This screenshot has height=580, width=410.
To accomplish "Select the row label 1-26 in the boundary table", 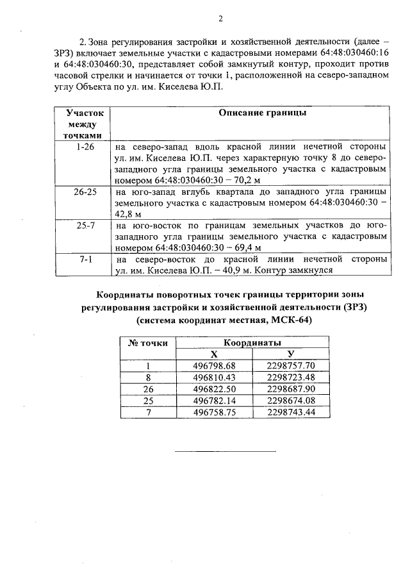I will tap(85, 147).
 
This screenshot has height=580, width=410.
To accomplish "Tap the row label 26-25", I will tap(85, 192).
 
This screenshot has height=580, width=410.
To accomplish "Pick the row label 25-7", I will tap(85, 226).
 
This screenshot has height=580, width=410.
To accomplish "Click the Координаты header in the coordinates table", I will tap(252, 343).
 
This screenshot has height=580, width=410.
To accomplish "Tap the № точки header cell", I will tap(149, 343).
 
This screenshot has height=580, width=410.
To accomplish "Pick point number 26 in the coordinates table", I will tap(149, 389).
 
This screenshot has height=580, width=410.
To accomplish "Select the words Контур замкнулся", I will tap(297, 270).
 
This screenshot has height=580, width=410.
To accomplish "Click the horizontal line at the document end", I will tap(225, 452).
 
